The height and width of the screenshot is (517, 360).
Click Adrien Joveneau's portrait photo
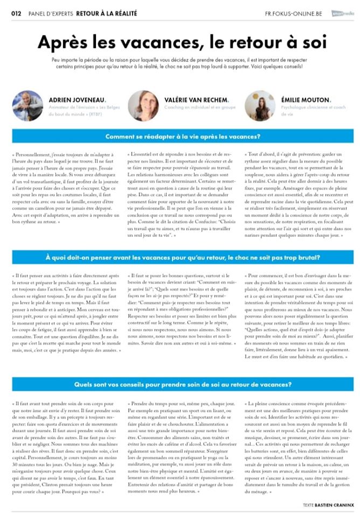(x=27, y=104)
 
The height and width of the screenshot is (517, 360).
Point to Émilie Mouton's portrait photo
(x=258, y=104)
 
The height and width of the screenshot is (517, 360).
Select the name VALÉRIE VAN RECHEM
(x=198, y=100)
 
